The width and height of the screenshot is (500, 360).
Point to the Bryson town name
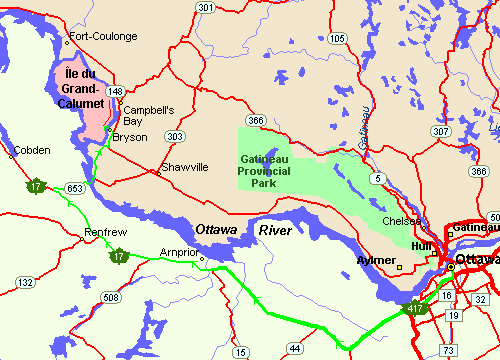tap(130, 137)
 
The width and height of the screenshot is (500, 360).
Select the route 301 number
tap(206, 8)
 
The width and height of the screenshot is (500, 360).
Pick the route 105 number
tap(337, 38)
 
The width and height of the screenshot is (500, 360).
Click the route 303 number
tap(176, 135)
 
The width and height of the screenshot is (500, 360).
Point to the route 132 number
tap(21, 284)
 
